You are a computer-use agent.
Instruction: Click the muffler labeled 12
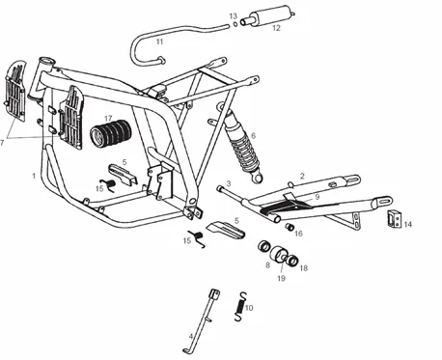[269, 15]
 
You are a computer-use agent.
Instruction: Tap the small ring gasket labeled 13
[235, 24]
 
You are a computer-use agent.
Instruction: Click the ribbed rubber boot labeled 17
[110, 133]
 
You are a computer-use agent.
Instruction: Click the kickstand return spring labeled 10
[240, 307]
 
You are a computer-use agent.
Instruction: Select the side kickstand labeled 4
[203, 321]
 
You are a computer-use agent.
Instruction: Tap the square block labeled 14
[394, 218]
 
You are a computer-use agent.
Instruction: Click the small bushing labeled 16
[290, 227]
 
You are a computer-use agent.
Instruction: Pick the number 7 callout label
[2, 142]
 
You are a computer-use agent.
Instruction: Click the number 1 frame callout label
[34, 176]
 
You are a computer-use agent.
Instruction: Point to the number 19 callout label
[281, 278]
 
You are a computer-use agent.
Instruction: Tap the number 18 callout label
[303, 267]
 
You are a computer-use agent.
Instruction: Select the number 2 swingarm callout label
[302, 176]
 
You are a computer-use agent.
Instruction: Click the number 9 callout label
[318, 197]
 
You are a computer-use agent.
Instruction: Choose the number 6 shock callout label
[253, 136]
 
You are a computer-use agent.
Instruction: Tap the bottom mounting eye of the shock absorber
[258, 178]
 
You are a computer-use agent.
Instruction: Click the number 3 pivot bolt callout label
[229, 183]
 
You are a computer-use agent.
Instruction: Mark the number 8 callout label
[267, 265]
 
